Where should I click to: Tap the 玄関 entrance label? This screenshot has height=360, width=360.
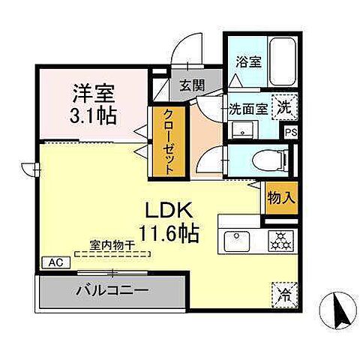[190, 85]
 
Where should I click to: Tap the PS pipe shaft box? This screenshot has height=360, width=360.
[289, 131]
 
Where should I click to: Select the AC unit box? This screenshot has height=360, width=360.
[54, 262]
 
